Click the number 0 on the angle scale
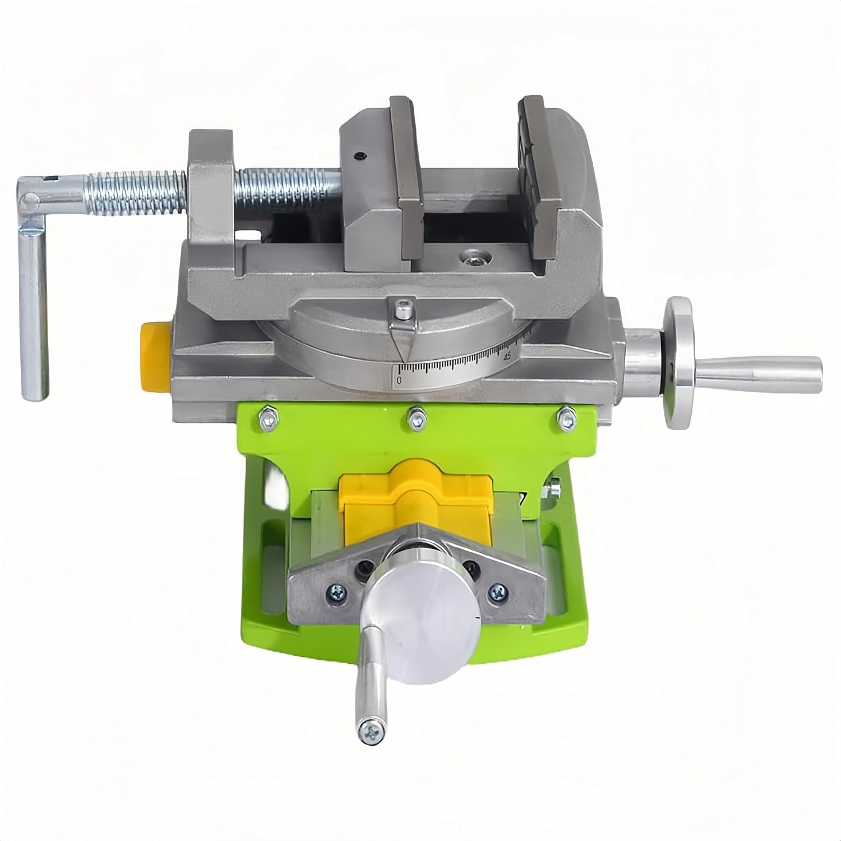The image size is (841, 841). click(x=399, y=380)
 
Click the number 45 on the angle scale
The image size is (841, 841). click(x=507, y=356)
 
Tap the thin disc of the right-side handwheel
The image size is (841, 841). click(x=681, y=364)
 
